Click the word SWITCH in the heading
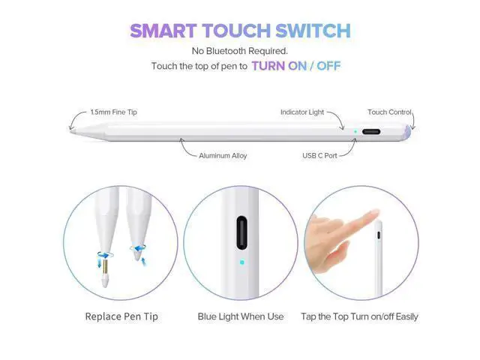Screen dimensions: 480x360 click(313, 31)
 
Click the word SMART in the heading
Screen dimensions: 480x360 click(163, 31)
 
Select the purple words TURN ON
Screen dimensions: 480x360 click(279, 66)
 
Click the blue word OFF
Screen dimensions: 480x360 click(328, 66)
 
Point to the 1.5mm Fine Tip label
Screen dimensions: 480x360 click(113, 112)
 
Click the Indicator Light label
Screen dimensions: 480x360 click(302, 112)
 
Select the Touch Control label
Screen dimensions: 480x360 click(389, 112)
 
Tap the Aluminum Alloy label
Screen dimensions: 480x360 click(223, 155)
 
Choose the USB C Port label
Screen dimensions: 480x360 click(319, 155)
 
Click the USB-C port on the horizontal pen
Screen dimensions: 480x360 click(371, 132)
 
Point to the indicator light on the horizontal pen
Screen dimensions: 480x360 click(355, 132)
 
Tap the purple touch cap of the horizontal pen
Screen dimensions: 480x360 click(406, 132)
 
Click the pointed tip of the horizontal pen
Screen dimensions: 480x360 click(70, 131)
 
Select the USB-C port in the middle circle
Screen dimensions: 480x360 click(241, 232)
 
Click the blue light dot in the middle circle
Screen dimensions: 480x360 click(241, 262)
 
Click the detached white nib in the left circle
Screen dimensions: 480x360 click(105, 281)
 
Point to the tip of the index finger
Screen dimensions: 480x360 click(376, 212)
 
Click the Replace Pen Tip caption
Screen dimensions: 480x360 click(121, 316)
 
